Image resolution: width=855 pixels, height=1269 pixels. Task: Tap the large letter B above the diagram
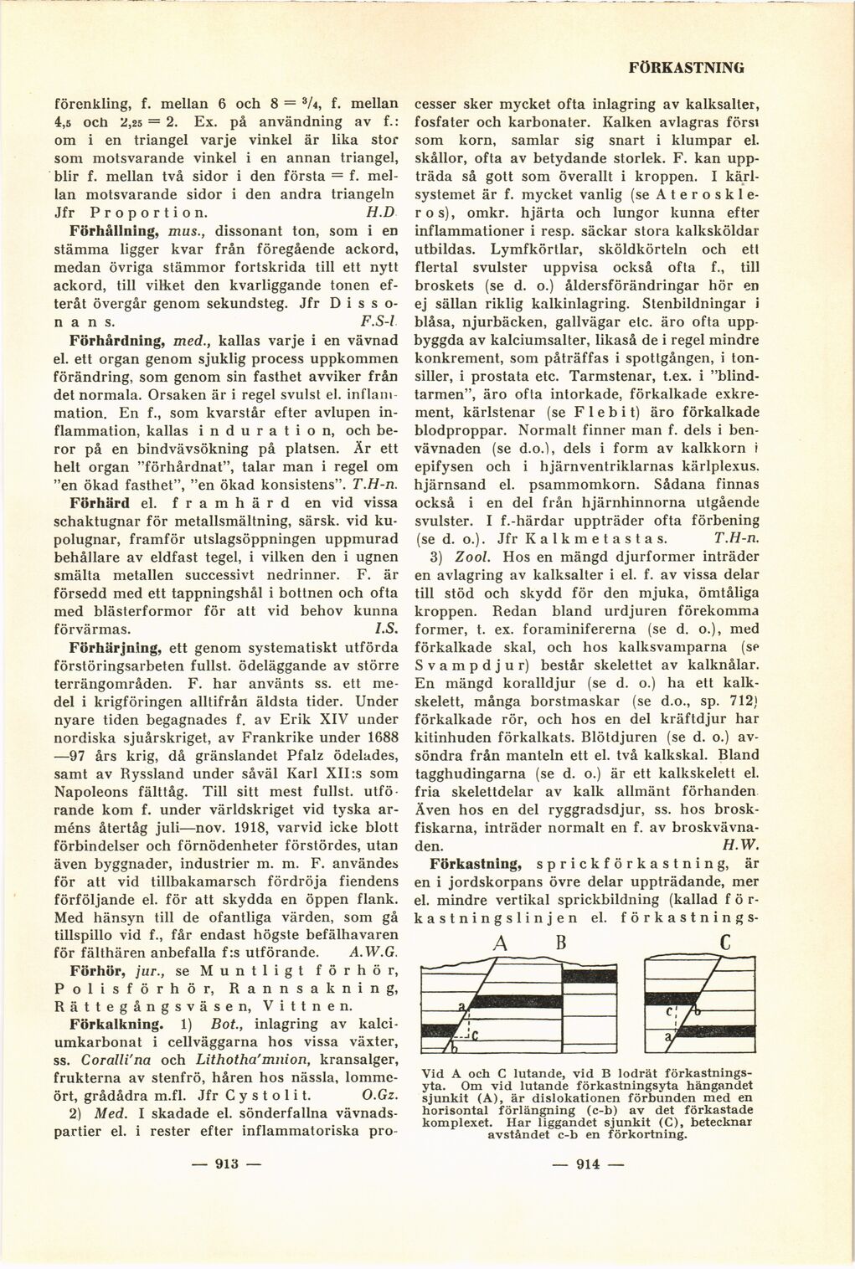pos(562,943)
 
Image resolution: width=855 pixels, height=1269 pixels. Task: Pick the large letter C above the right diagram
pos(725,943)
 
